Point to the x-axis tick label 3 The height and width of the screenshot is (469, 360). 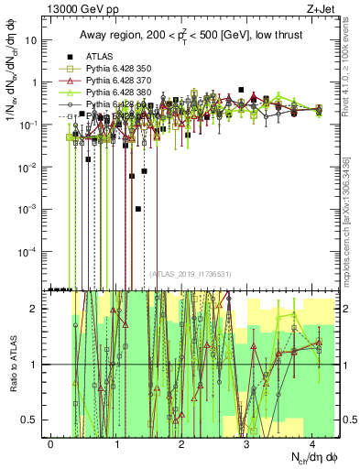(x=247, y=443)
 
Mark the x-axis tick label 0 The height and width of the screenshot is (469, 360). (x=51, y=443)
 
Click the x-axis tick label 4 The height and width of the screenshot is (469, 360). (x=312, y=443)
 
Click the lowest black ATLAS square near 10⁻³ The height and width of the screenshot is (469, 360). (x=137, y=209)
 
